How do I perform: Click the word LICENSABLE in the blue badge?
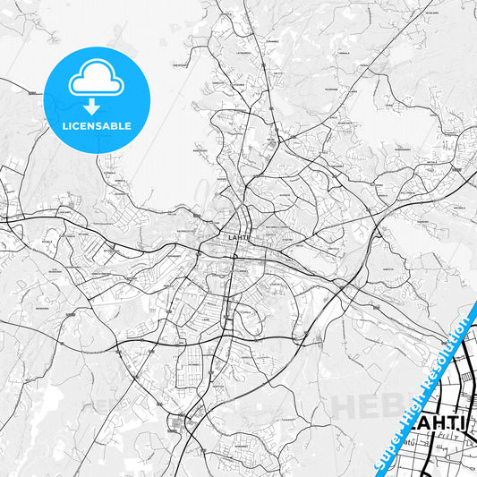pos(97,126)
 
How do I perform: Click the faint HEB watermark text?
pos(362,405)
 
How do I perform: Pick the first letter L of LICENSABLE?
pos(64,126)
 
